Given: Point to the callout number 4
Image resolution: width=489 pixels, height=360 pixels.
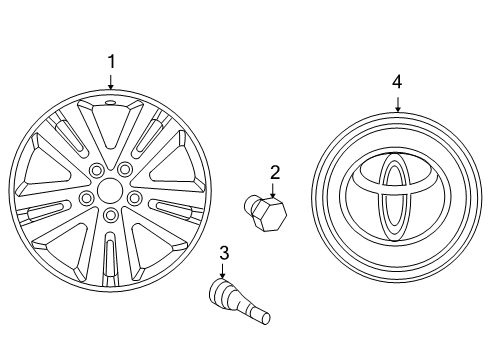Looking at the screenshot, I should [397, 81].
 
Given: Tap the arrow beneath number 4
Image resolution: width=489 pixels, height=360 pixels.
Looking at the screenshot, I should [397, 104].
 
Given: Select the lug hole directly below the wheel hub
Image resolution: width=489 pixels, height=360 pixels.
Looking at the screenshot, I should [110, 215].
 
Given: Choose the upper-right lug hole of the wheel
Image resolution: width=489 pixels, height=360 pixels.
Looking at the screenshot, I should [128, 170].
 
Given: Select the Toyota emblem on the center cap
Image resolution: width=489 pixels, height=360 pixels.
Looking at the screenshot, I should [391, 194].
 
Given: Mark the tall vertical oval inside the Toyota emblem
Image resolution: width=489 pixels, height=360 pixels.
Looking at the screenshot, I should [391, 200].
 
